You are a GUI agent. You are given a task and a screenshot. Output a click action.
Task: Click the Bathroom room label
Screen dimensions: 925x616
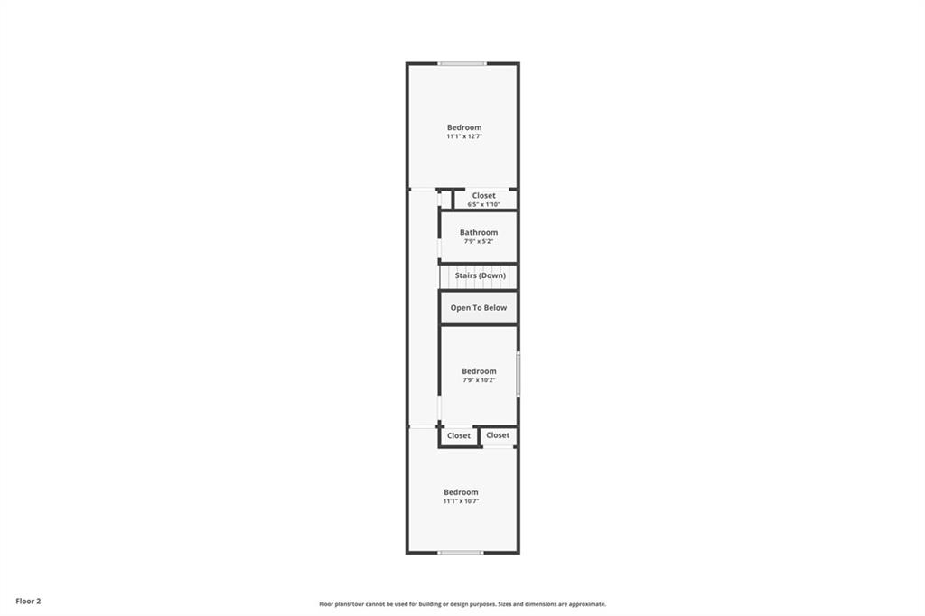click(x=479, y=232)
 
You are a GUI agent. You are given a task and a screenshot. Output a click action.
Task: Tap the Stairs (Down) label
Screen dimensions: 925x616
click(x=481, y=275)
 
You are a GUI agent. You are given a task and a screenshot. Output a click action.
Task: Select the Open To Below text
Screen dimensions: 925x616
click(x=479, y=307)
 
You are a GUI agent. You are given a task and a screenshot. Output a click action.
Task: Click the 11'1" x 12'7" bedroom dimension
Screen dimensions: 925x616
click(x=464, y=136)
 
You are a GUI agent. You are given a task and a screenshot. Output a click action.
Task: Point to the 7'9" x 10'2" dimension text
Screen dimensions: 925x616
click(x=479, y=380)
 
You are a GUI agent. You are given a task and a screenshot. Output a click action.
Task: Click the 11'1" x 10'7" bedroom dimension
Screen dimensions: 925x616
click(x=461, y=501)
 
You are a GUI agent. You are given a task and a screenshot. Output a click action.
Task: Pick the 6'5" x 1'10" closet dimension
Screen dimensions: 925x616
click(x=484, y=204)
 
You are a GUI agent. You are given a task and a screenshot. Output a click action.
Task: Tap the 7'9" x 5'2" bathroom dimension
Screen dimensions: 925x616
click(x=479, y=241)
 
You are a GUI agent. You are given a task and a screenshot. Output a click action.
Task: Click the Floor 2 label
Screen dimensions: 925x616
click(x=28, y=602)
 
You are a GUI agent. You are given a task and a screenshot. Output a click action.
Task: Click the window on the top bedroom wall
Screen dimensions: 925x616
click(x=462, y=63)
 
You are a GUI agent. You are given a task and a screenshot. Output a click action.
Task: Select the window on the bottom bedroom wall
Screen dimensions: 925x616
click(x=461, y=553)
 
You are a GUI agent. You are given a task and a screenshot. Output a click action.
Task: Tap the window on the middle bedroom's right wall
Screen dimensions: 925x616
click(x=519, y=374)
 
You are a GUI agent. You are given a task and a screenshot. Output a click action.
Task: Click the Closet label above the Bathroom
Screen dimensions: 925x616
click(x=484, y=195)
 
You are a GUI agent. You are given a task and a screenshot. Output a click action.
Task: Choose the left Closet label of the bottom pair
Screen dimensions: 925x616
click(x=458, y=435)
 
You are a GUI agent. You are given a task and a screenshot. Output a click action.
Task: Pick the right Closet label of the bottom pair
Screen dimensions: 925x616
click(x=498, y=434)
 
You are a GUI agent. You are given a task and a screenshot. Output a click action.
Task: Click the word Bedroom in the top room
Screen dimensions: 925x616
click(x=464, y=127)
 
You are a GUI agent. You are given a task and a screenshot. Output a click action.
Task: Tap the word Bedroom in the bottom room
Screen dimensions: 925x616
click(x=461, y=492)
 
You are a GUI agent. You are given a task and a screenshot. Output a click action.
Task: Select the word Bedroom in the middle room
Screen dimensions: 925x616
click(x=479, y=371)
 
